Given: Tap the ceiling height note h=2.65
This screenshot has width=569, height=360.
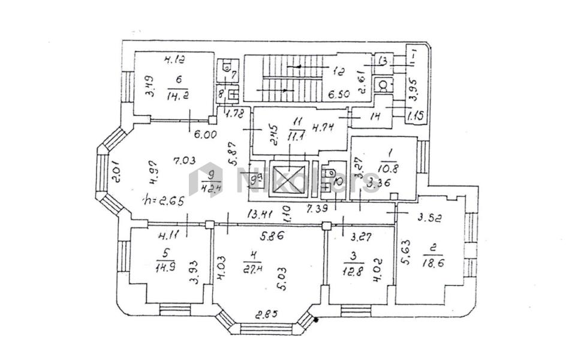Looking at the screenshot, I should coord(160,199).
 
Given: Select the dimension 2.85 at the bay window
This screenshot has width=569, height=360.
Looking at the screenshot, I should coord(264,314).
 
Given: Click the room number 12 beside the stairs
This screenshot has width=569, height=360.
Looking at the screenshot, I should coord(338,72).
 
